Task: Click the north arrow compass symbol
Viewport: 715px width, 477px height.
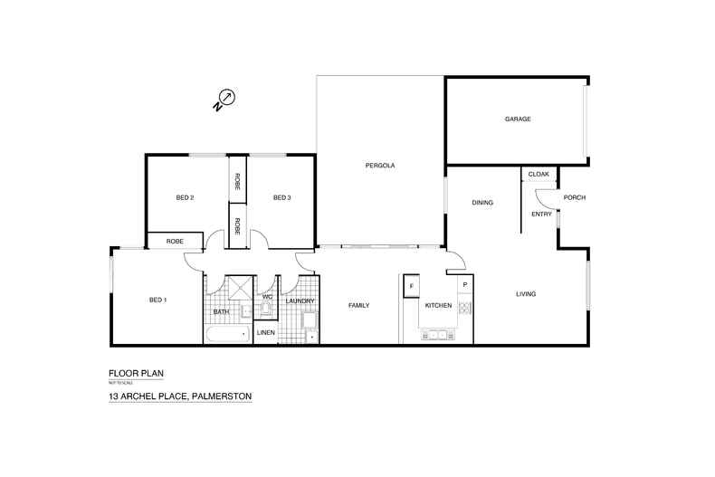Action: point(226,98)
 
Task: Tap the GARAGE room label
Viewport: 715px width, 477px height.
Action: point(518,119)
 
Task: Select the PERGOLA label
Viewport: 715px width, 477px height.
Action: point(380,166)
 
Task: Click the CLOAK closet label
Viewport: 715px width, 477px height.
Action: point(539,174)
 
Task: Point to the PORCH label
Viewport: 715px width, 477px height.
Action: point(574,197)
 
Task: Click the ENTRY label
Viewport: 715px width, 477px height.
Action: point(541,215)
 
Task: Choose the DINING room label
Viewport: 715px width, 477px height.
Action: point(482,203)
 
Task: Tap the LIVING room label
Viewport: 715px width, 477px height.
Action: point(526,294)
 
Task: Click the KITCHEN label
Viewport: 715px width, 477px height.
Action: point(438,306)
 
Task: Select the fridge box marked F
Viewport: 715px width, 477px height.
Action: point(412,286)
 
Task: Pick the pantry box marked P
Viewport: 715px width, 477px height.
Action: point(464,285)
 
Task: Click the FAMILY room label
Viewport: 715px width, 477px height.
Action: point(359,306)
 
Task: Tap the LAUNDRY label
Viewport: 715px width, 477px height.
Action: point(300,301)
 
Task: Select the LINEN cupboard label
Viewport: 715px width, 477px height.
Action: point(266,333)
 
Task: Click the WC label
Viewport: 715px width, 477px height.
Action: point(268,297)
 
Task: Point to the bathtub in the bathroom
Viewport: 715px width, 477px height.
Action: point(227,335)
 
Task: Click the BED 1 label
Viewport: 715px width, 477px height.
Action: point(157,300)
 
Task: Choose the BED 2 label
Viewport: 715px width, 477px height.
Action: point(185,197)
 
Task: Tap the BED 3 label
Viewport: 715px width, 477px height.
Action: point(281,197)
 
